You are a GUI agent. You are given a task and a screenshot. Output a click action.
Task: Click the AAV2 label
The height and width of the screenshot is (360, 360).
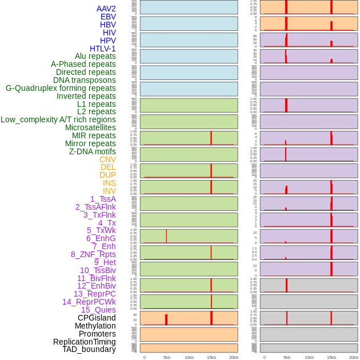[106, 9]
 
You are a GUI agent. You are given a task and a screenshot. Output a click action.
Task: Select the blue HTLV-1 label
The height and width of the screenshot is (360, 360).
[102, 49]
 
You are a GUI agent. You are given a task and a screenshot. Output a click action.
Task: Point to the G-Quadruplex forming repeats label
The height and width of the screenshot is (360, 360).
[61, 88]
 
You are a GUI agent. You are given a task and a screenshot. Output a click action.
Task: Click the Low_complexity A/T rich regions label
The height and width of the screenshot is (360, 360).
[58, 119]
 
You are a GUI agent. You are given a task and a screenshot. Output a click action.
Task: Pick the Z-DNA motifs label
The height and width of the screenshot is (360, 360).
[93, 151]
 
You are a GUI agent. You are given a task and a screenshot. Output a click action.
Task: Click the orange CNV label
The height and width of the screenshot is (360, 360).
[107, 159]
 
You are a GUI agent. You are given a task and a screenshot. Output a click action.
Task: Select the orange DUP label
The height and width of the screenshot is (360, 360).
[107, 175]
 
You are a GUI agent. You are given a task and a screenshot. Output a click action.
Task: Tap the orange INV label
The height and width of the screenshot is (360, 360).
[109, 191]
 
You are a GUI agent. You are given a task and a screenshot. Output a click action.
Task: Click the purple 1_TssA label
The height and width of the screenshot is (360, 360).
[103, 199]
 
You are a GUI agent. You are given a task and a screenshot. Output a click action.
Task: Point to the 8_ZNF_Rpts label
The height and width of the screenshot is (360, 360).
[93, 254]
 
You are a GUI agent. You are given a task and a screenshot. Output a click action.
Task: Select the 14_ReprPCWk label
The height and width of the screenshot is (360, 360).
[89, 302]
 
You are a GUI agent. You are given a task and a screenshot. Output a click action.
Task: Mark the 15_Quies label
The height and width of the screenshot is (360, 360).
[98, 310]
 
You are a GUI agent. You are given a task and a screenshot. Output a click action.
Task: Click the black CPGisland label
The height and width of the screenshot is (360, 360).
[97, 318]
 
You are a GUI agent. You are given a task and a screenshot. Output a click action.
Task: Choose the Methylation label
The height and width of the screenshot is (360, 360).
[95, 326]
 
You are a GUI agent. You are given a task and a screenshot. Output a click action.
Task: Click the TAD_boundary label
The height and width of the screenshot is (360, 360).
[89, 349]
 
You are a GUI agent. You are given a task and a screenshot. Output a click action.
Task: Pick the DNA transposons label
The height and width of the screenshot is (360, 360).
[85, 80]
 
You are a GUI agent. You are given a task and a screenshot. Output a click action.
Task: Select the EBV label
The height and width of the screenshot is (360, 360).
[108, 17]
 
